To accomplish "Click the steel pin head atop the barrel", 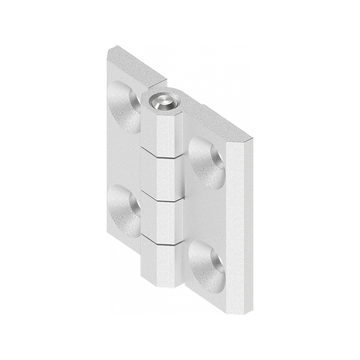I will [162, 102].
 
